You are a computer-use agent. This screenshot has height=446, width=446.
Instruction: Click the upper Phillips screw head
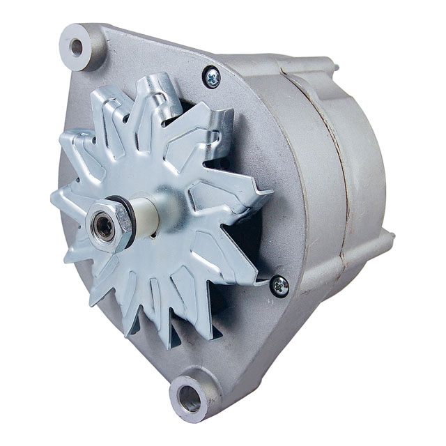[211, 76]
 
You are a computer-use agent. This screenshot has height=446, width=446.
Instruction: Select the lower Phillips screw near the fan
[279, 284]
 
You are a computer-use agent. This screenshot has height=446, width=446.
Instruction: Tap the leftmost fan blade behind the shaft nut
[66, 202]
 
